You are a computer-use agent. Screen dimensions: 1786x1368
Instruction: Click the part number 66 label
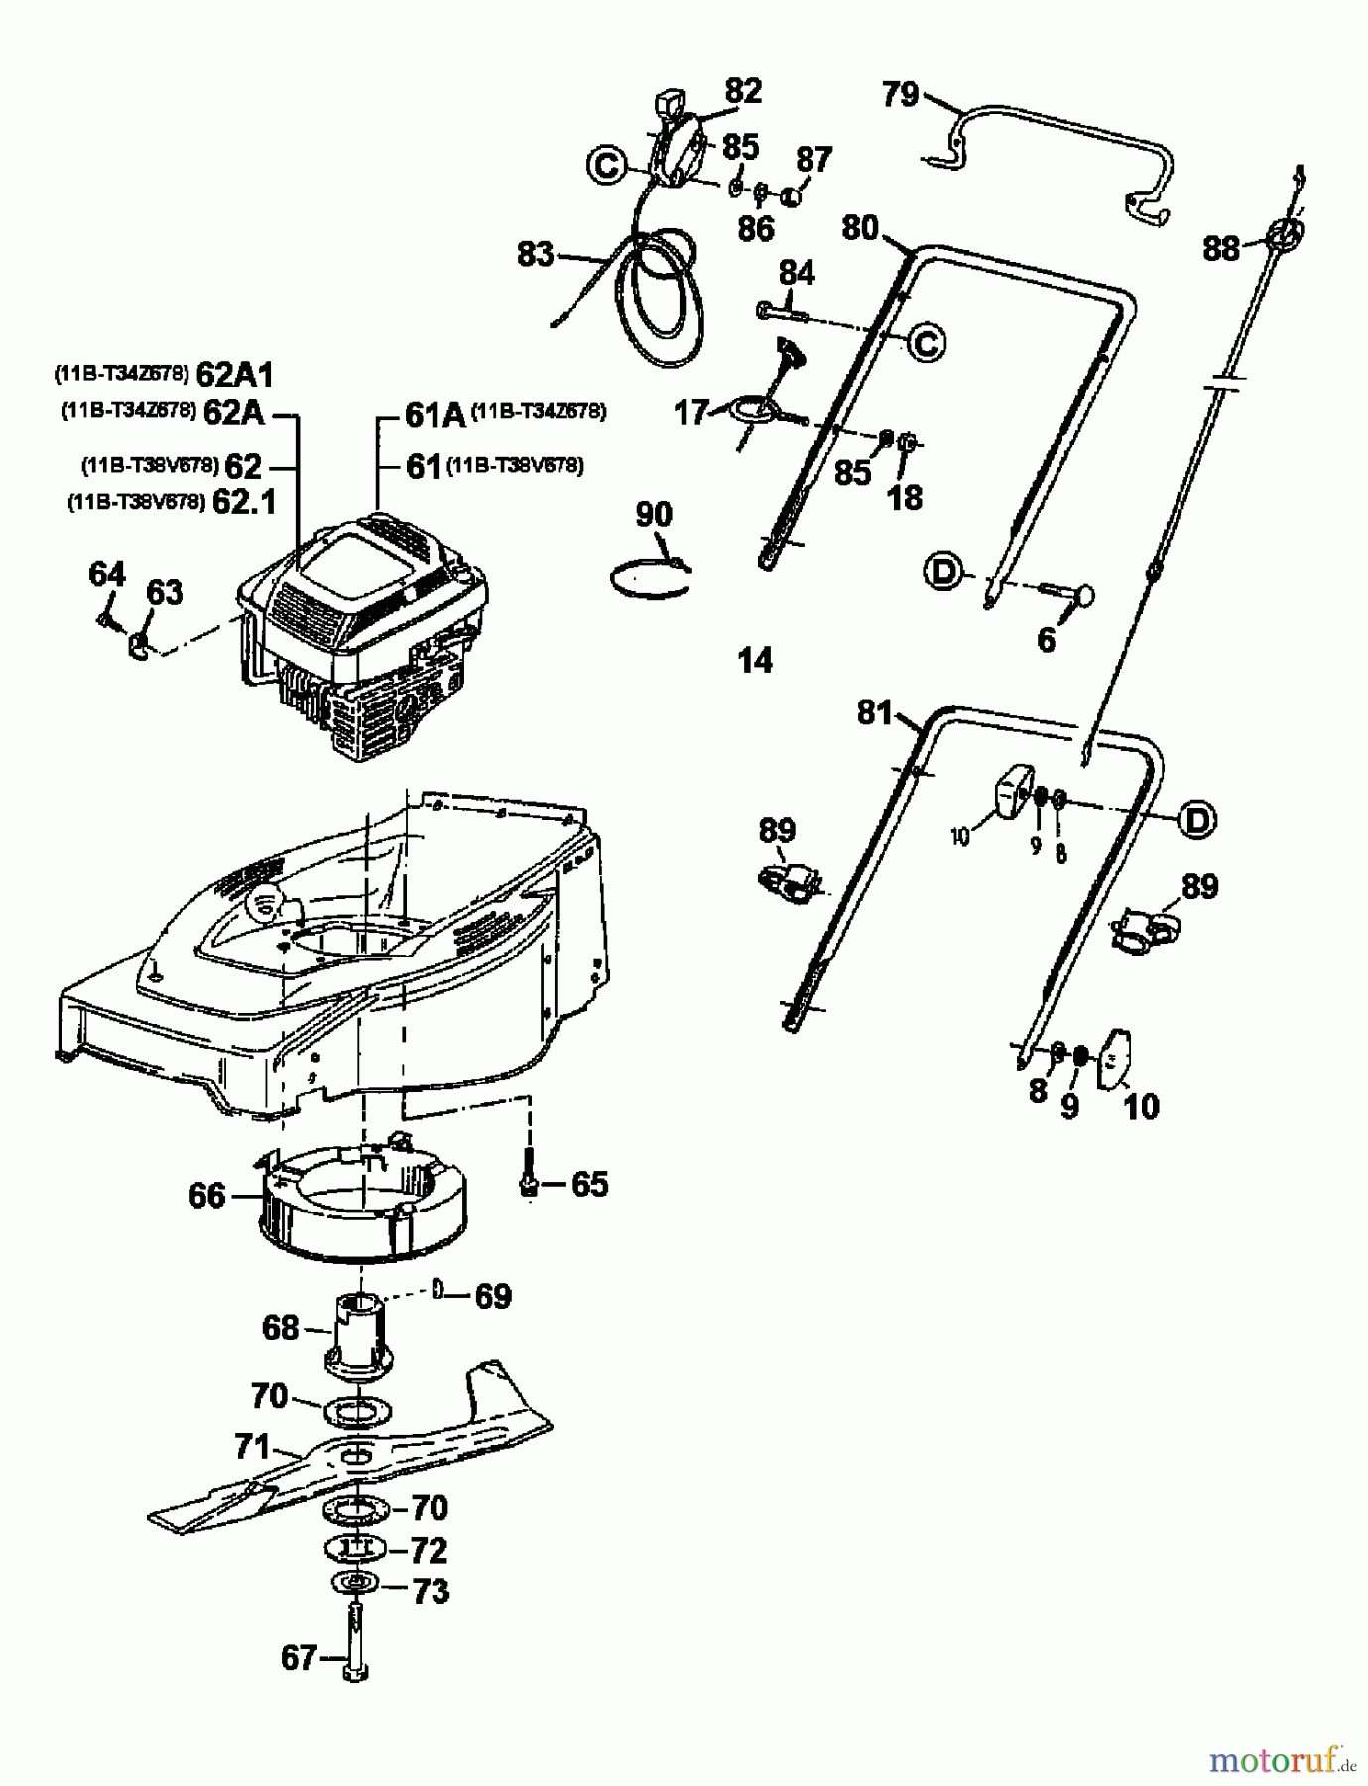click(207, 1196)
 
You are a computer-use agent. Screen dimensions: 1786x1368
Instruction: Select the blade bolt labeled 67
click(355, 1637)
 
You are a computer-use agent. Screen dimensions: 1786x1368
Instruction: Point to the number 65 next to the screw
click(589, 1184)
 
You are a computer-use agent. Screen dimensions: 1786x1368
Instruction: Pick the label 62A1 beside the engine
click(234, 375)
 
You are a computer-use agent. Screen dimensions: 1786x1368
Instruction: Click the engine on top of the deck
click(362, 635)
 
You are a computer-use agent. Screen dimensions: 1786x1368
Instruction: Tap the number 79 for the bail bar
click(900, 95)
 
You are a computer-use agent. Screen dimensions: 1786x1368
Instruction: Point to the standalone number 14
click(755, 661)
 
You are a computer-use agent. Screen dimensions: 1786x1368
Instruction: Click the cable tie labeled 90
click(649, 578)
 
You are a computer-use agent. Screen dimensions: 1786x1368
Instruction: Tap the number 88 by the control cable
click(1221, 248)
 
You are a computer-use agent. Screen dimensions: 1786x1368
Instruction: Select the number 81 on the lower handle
click(875, 712)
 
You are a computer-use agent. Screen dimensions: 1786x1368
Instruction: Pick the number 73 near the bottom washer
click(429, 1592)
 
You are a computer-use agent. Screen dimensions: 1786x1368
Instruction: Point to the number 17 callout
click(691, 412)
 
